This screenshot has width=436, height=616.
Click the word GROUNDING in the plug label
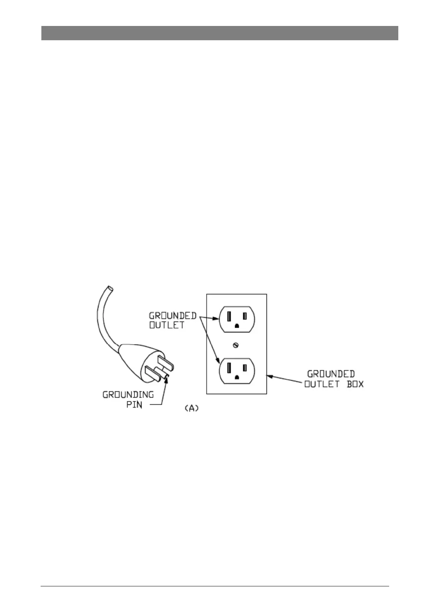128,395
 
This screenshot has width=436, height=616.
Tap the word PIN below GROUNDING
134,405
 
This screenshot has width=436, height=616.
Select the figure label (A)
191,409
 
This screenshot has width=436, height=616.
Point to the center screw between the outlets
236,345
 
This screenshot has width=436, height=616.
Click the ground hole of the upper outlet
236,326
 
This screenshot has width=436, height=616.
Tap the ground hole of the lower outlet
236,377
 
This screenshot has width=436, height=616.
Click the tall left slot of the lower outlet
228,367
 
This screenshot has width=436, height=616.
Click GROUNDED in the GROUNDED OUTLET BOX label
331,374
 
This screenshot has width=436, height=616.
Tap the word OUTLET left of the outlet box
167,325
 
